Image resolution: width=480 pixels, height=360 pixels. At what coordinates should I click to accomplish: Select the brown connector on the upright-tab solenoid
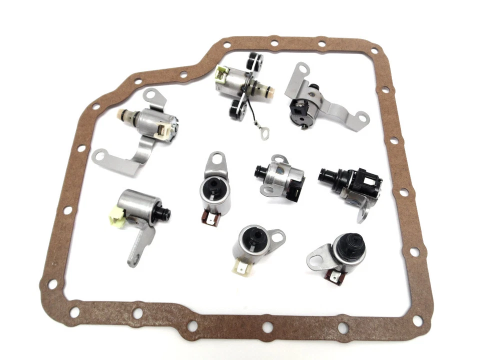pos(207,218)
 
